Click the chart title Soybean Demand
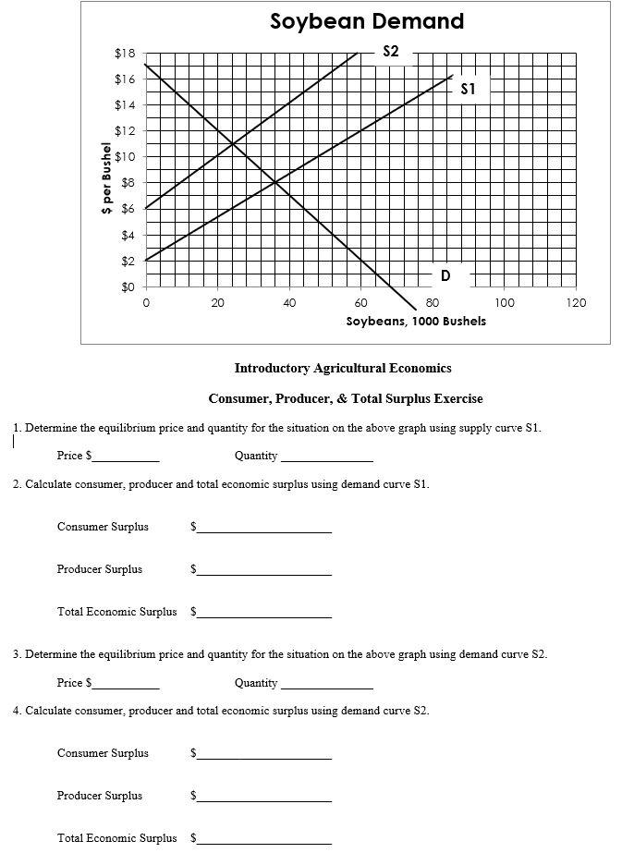point(367,21)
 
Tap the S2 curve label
point(390,52)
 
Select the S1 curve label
point(468,90)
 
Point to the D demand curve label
point(445,275)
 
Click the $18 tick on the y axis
point(125,54)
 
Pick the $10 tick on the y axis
point(125,157)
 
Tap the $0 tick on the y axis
point(128,287)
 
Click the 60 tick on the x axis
point(360,302)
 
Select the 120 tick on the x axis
point(576,302)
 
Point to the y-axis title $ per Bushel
point(107,178)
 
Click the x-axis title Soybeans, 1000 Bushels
point(416,322)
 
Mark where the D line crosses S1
point(275,183)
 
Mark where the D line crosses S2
point(232,143)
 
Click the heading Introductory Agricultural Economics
point(343,368)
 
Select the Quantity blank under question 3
point(327,684)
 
